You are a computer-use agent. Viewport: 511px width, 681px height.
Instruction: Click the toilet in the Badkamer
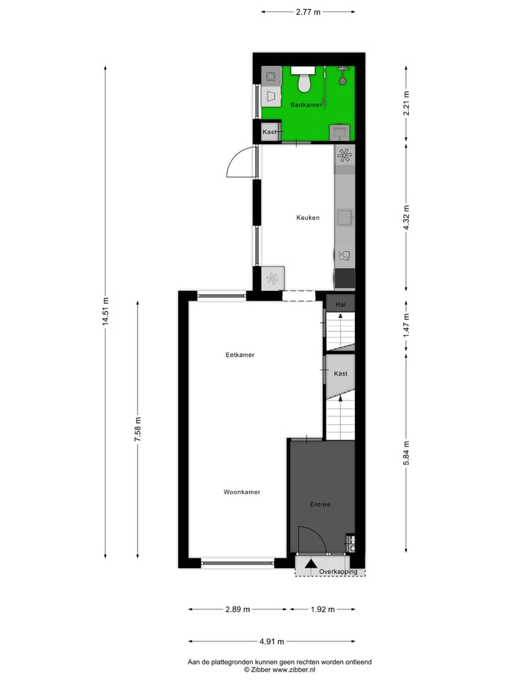[304, 82]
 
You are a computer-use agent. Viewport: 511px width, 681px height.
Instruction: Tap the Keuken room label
[308, 218]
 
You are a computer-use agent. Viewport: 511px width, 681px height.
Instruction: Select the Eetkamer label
[240, 355]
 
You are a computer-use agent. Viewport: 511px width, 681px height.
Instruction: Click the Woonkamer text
[241, 492]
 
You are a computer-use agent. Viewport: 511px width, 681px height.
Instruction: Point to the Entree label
[320, 504]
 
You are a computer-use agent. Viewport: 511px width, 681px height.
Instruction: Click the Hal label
[341, 304]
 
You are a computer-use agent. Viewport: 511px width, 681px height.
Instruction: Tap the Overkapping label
[338, 572]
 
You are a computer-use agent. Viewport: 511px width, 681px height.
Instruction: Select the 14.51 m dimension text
[105, 311]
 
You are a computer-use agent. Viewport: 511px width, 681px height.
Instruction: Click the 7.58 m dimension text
[138, 429]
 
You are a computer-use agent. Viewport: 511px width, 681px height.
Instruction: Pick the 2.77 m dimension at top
[308, 12]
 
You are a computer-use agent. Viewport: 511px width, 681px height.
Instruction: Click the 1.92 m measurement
[322, 609]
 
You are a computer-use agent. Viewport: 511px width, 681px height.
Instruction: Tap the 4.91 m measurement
[271, 641]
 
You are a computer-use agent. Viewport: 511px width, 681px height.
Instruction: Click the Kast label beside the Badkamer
[269, 132]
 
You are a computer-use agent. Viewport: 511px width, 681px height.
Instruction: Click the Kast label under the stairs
[341, 373]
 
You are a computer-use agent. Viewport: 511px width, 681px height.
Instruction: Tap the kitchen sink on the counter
[345, 216]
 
